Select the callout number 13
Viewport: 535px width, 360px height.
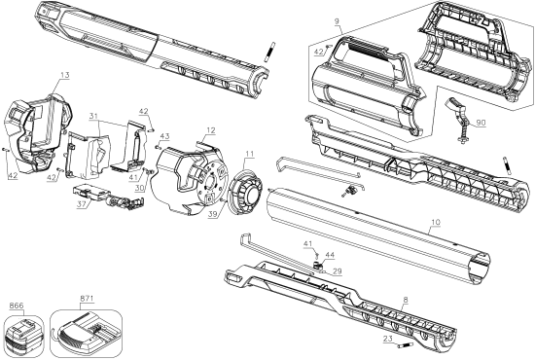click(65, 74)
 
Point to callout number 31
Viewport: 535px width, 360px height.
click(94, 119)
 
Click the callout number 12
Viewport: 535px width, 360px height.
click(210, 129)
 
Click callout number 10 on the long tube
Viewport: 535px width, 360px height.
click(435, 223)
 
